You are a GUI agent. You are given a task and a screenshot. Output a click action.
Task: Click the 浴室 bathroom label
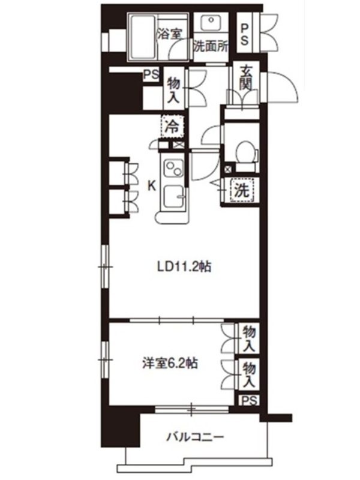pos(169,34)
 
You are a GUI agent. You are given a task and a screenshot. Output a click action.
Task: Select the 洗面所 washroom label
pos(211,47)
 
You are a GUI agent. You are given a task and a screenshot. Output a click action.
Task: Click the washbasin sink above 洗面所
pos(212,23)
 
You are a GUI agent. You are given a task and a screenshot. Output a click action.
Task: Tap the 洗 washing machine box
pos(242,190)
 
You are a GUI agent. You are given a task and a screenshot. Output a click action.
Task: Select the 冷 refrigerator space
pos(173,127)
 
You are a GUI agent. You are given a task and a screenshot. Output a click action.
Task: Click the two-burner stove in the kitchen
pos(173,169)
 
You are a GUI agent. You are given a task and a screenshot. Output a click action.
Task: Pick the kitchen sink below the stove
pos(173,197)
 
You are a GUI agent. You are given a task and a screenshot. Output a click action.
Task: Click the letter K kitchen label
pos(151,186)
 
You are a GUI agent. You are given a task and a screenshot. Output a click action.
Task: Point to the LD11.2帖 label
pos(184,266)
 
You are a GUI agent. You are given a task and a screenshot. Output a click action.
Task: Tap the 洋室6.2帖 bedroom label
pos(170,364)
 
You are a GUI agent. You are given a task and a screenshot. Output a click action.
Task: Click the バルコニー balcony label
pos(194,437)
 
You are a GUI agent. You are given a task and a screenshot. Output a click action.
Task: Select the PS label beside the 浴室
pos(152,75)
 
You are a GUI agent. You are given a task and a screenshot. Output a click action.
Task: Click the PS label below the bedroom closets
pos(249,400)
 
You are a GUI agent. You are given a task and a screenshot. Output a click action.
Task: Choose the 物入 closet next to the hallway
pos(173,89)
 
